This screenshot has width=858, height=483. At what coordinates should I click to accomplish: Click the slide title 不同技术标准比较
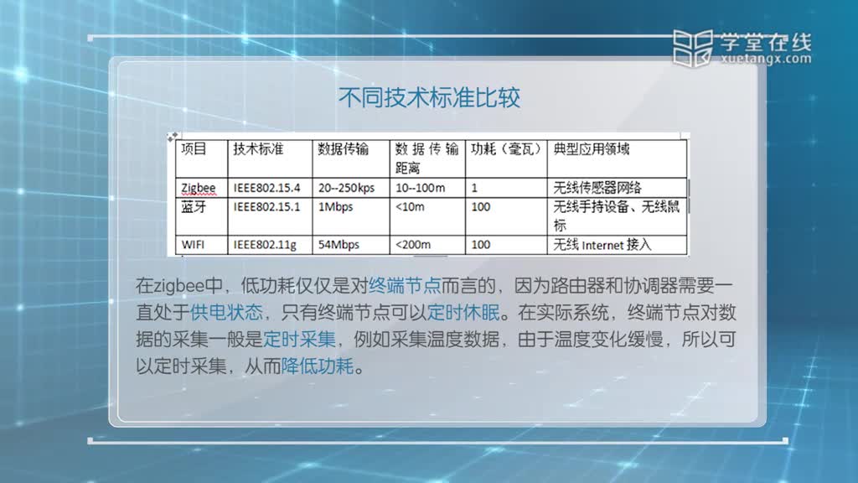click(429, 98)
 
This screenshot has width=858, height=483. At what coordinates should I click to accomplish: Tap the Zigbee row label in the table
click(198, 188)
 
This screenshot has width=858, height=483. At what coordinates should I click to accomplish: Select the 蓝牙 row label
click(194, 207)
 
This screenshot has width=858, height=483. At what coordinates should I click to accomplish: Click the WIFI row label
click(193, 245)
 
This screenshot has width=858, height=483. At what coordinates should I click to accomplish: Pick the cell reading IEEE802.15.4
click(266, 188)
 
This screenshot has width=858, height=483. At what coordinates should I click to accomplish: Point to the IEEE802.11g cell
click(265, 245)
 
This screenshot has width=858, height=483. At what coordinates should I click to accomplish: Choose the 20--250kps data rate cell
click(346, 188)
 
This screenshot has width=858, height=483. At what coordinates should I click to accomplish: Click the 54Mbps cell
click(339, 245)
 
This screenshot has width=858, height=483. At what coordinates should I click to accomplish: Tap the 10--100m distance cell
click(421, 188)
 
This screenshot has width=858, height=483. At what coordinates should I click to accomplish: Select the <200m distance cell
click(413, 245)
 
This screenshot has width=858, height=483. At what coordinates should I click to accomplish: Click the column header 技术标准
click(258, 149)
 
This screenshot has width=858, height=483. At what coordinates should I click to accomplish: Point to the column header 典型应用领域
click(592, 149)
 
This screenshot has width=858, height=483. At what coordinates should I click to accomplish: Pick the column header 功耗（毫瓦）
click(505, 149)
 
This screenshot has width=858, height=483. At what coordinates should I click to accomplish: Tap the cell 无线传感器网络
click(597, 188)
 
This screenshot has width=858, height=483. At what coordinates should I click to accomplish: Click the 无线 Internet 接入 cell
click(602, 245)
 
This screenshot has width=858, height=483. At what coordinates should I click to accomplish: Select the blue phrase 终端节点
click(405, 285)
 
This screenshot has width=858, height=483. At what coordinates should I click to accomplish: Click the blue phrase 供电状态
click(226, 312)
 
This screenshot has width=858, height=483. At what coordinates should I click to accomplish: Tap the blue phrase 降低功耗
click(318, 366)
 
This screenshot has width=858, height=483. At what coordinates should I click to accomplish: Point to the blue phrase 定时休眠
click(463, 312)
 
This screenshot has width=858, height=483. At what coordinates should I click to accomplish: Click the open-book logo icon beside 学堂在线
click(693, 48)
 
